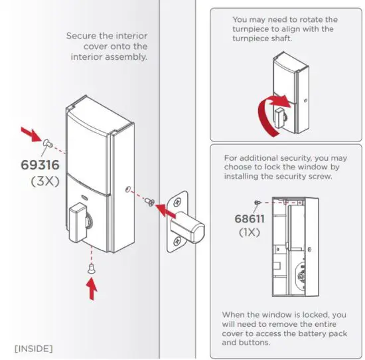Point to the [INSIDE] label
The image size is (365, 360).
(34, 347)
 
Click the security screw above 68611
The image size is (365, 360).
(257, 201)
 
